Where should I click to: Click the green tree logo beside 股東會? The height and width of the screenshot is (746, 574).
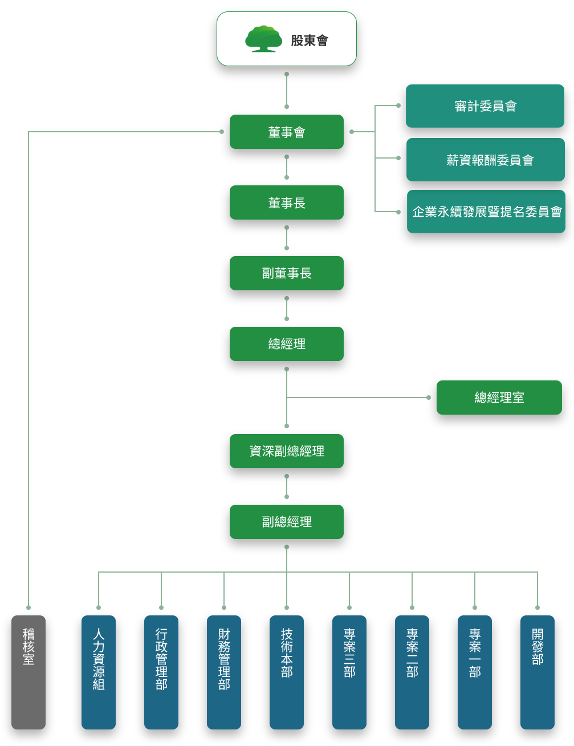click(263, 39)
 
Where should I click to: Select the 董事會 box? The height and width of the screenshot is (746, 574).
click(287, 132)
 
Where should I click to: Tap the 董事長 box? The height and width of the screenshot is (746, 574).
click(287, 202)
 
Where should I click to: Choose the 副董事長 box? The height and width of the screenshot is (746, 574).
click(287, 273)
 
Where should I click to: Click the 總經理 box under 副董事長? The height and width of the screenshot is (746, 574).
click(287, 344)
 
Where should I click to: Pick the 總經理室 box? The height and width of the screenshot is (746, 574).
click(499, 398)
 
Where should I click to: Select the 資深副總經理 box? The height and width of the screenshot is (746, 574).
click(287, 451)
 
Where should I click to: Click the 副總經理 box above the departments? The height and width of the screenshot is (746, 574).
click(287, 522)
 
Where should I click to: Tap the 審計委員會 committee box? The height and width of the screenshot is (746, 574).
click(485, 106)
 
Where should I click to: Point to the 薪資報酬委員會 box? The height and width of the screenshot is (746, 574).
click(486, 160)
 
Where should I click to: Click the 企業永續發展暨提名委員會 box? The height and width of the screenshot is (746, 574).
click(486, 212)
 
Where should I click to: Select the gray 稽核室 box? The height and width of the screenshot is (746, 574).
click(29, 672)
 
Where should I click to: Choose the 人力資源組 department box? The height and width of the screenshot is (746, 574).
click(99, 672)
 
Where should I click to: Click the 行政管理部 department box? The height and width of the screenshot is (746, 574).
click(161, 672)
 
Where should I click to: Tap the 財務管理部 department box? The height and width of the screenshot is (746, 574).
click(224, 672)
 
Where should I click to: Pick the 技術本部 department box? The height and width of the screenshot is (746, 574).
click(287, 672)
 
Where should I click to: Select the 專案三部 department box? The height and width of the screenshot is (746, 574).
click(349, 672)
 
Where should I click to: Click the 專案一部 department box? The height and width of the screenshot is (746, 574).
click(475, 672)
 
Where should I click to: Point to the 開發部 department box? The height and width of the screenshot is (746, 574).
click(538, 672)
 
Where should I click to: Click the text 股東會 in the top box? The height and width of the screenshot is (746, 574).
click(310, 40)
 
